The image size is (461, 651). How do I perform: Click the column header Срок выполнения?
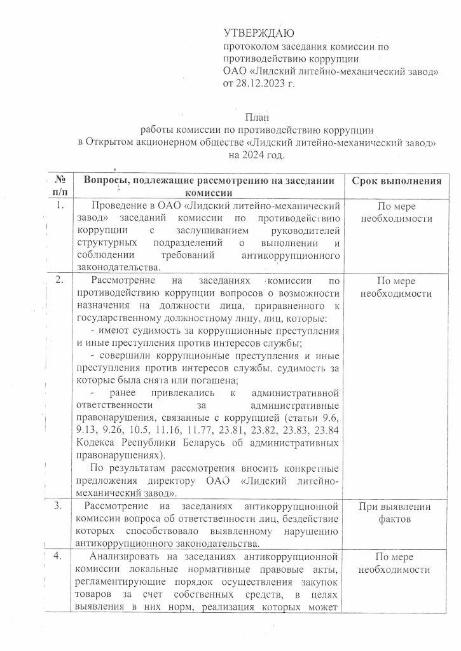click(397, 181)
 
